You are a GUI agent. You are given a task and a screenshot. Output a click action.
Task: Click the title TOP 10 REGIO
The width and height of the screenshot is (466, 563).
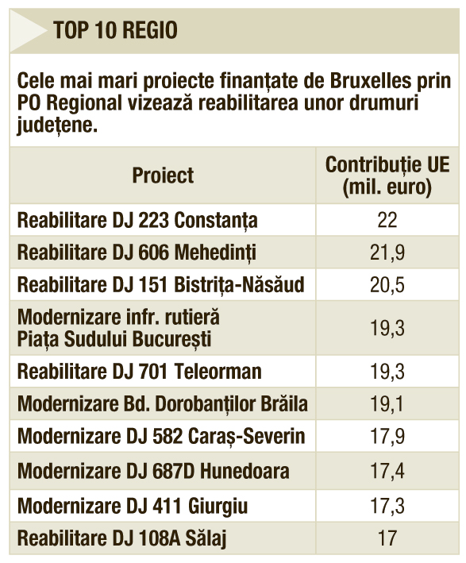pyautogui.click(x=115, y=30)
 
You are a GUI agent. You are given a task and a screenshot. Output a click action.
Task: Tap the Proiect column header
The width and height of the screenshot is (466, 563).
pyautogui.click(x=163, y=175)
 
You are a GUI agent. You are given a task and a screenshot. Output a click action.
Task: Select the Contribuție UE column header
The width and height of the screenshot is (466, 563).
pyautogui.click(x=387, y=175)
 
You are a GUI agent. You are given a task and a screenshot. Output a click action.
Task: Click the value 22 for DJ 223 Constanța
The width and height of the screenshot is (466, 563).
pyautogui.click(x=387, y=220)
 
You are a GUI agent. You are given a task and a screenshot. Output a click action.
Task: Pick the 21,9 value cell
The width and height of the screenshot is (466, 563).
pyautogui.click(x=387, y=252)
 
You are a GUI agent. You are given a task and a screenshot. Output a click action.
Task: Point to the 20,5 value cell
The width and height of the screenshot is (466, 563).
pyautogui.click(x=387, y=285)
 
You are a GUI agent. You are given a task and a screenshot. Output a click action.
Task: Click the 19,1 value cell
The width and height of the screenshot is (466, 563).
pyautogui.click(x=387, y=404)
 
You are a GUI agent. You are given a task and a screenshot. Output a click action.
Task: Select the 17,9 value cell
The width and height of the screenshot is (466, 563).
pyautogui.click(x=387, y=436)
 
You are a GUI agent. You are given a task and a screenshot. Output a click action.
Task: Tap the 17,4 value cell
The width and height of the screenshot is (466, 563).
pyautogui.click(x=387, y=471)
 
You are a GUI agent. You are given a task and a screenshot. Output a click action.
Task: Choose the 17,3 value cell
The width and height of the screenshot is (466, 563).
pyautogui.click(x=387, y=506)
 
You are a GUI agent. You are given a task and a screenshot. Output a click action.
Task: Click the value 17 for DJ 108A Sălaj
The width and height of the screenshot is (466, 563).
pyautogui.click(x=387, y=538)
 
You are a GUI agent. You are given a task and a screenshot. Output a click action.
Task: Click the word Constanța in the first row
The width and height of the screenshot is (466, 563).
pyautogui.click(x=216, y=221)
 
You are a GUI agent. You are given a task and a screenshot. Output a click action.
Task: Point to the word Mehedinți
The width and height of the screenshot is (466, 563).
pyautogui.click(x=215, y=253)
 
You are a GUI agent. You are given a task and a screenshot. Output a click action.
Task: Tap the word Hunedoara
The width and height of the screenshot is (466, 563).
pyautogui.click(x=245, y=471)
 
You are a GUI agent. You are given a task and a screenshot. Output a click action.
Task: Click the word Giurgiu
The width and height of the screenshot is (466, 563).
pyautogui.click(x=218, y=507)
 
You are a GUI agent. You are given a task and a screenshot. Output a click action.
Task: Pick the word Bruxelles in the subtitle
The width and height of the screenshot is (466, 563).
pyautogui.click(x=370, y=80)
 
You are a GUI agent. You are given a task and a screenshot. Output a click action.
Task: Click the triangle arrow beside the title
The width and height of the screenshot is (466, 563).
pyautogui.click(x=28, y=31)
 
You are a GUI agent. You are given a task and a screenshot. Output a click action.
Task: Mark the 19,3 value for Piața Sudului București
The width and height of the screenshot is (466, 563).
pyautogui.click(x=387, y=328)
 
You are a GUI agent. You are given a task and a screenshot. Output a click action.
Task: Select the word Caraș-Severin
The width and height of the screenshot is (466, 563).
pyautogui.click(x=247, y=436)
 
